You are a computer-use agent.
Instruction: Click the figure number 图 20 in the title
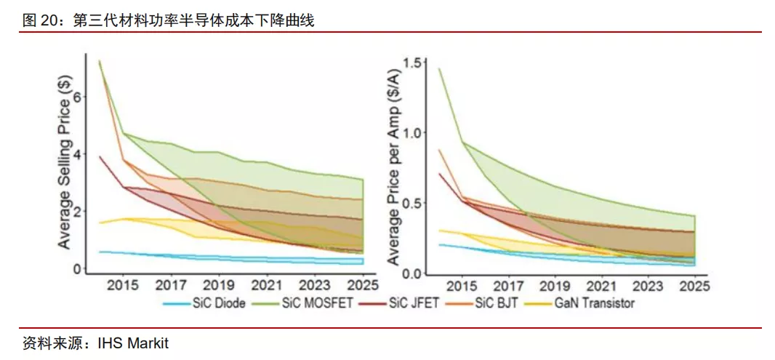40,21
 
